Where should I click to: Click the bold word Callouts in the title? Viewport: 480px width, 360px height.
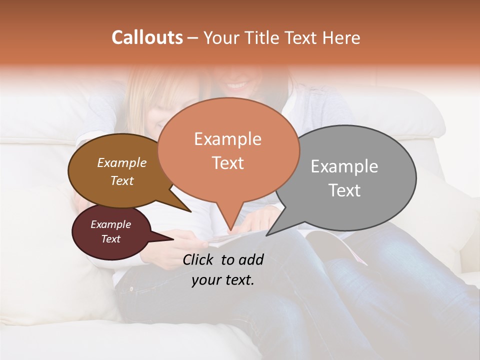(x=147, y=37)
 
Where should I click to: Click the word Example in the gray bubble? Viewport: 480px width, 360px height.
(x=344, y=166)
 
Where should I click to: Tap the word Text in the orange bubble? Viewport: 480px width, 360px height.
(x=228, y=162)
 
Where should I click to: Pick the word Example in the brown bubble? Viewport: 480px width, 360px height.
(x=122, y=162)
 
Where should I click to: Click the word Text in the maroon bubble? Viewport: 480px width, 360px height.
(x=110, y=239)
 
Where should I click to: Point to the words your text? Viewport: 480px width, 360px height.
(x=223, y=280)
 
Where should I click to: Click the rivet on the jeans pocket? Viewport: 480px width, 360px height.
(x=131, y=289)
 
